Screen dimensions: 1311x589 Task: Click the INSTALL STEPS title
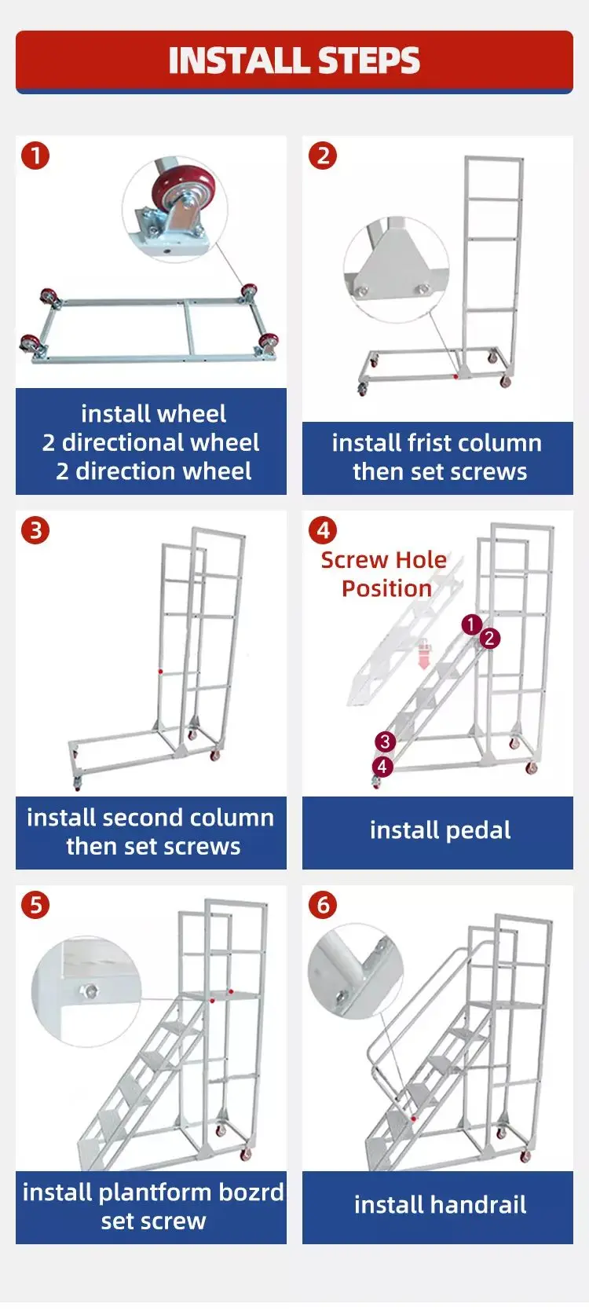click(294, 61)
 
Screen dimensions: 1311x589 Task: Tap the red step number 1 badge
click(35, 156)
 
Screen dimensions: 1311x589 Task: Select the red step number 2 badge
click(323, 156)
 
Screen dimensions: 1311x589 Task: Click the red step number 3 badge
click(35, 530)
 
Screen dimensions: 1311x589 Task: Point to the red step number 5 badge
click(35, 905)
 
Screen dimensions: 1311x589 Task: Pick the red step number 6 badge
click(323, 905)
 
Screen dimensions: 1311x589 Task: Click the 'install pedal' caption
click(440, 830)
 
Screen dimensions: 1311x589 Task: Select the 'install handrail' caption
click(440, 1205)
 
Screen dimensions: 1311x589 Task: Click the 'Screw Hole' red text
click(383, 560)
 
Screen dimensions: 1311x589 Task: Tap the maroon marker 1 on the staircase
click(471, 624)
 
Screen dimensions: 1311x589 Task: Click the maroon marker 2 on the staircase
click(489, 638)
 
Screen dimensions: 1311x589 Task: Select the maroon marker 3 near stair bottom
click(385, 742)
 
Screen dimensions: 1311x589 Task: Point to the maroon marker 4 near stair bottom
click(382, 766)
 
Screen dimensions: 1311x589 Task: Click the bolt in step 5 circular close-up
click(90, 991)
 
